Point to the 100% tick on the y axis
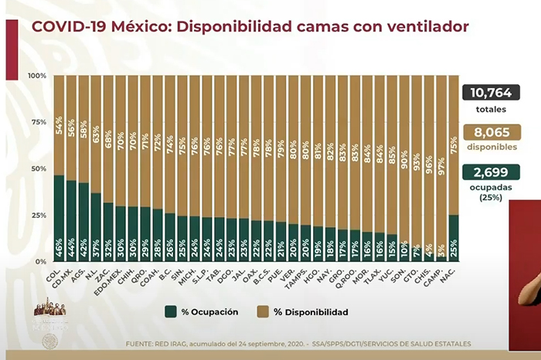36,76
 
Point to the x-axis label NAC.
451,272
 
